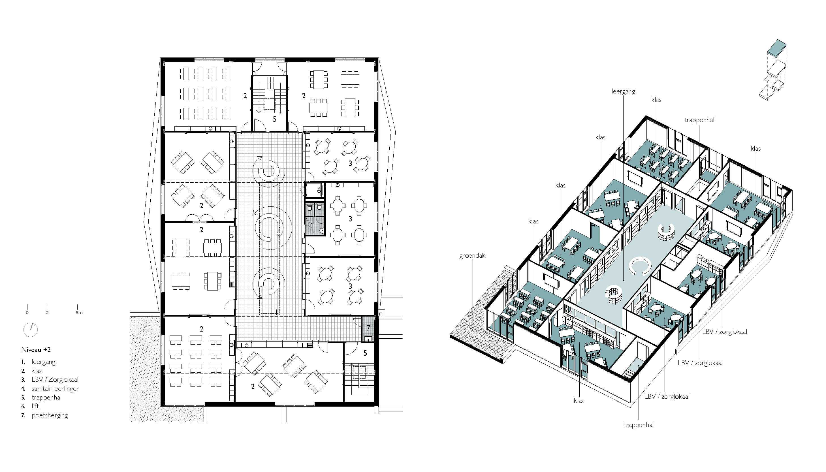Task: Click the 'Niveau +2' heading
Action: [36, 350]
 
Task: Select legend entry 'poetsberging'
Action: [50, 415]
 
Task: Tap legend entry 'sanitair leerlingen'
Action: [56, 388]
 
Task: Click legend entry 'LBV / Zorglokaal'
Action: [55, 379]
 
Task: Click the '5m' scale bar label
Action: [79, 313]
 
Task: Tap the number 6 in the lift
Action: [319, 191]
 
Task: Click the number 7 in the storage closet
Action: [368, 328]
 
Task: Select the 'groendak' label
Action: [472, 256]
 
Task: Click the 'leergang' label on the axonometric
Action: [623, 92]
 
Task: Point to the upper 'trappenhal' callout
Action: [699, 120]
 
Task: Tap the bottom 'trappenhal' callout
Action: [638, 425]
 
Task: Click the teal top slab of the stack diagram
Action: [777, 49]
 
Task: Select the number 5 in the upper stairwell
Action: [274, 119]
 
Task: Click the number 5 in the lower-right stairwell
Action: [365, 353]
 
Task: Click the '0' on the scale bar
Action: [27, 313]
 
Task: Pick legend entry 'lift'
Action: [35, 406]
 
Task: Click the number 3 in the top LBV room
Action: [350, 163]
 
